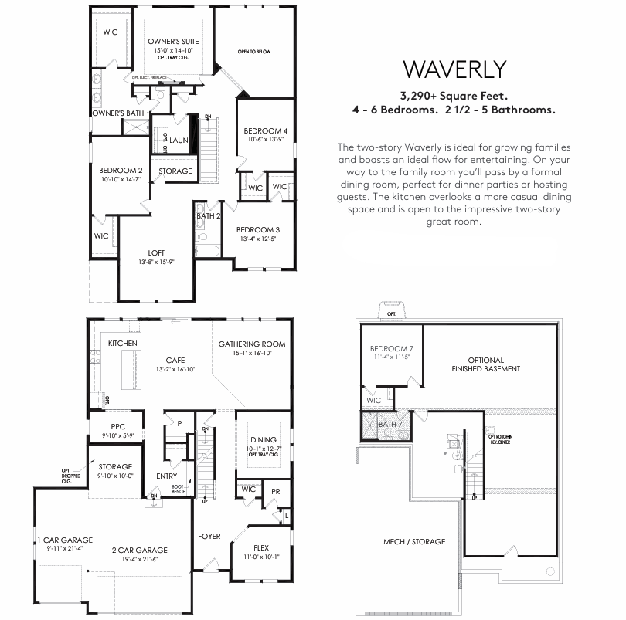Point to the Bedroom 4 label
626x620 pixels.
pos(266,130)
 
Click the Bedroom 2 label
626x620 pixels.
pos(121,171)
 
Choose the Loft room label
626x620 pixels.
pos(157,252)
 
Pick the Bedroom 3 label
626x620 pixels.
pos(257,229)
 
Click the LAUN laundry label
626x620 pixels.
pos(179,140)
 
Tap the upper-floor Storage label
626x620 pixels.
pos(175,171)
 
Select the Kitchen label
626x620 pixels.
pos(123,343)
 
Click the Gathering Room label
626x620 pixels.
pos(252,344)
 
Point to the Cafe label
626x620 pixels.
pos(173,360)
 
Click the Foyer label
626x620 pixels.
pos(209,536)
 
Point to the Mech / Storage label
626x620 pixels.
pos(414,541)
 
